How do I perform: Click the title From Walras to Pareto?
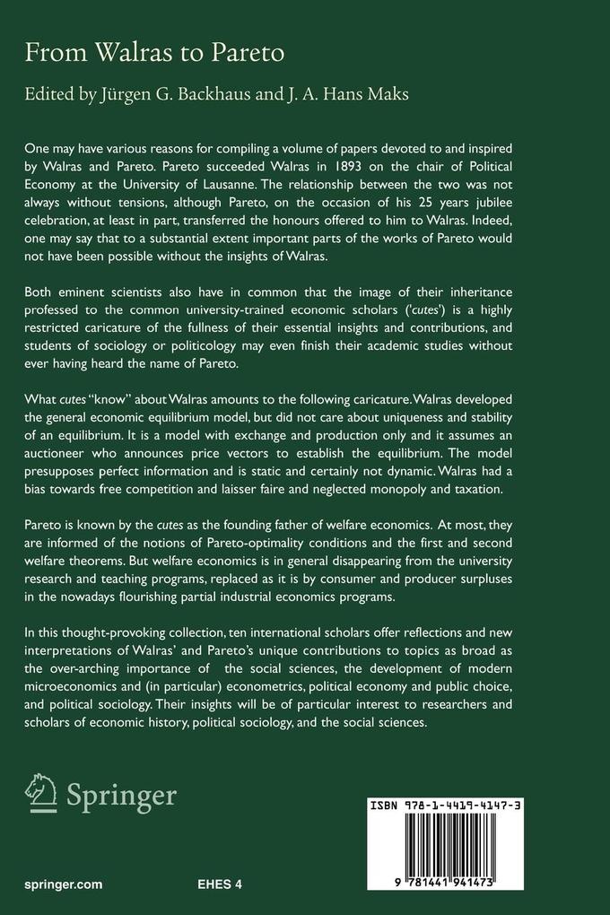[x=154, y=53]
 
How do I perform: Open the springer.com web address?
[x=64, y=884]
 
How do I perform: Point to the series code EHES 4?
[x=220, y=884]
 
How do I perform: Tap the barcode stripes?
[x=478, y=852]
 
